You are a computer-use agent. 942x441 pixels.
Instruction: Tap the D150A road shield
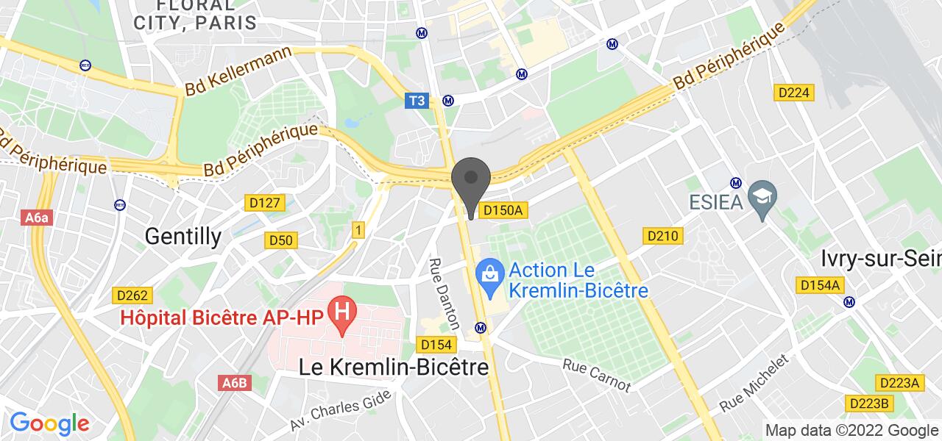[x=504, y=211]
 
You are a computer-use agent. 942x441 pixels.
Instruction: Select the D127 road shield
[x=263, y=202]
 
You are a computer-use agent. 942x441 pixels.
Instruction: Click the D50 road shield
[x=280, y=240]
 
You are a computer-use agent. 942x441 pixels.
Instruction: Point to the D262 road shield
[x=133, y=295]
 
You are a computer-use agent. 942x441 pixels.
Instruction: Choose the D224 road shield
[x=795, y=92]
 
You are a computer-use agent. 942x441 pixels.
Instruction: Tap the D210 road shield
[x=663, y=236]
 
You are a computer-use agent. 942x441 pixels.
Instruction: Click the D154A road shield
[x=821, y=285]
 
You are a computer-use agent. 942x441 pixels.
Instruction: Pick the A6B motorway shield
[x=235, y=383]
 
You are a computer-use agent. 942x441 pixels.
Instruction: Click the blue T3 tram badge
[x=417, y=101]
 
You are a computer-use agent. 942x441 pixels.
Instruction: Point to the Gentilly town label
[x=183, y=235]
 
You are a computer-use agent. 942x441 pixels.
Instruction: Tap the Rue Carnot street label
[x=597, y=375]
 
